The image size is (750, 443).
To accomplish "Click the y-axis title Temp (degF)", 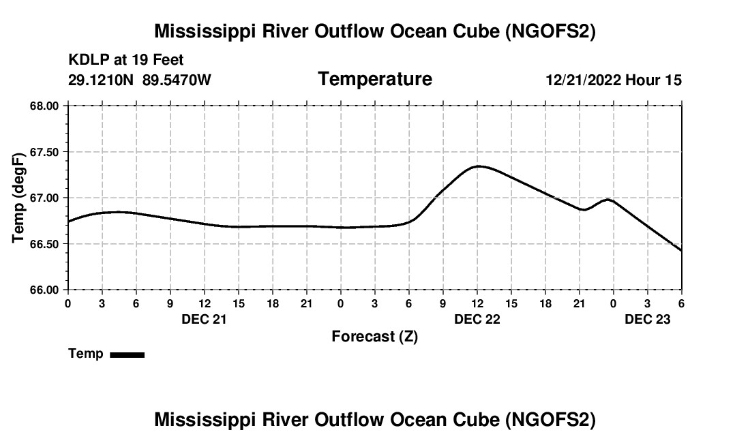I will coord(20,198).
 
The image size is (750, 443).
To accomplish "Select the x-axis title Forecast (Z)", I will coord(374,337).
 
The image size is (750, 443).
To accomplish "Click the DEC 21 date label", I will coord(204,319).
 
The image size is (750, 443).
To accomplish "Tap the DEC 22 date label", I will coord(477,319).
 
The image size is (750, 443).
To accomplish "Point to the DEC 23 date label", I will coord(648,319).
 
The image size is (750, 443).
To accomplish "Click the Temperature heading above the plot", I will coord(375,79).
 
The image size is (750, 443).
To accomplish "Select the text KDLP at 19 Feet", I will coord(125,61).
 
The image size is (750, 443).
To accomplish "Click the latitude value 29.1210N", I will coord(101,80).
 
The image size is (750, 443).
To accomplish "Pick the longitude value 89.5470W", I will coord(177,80).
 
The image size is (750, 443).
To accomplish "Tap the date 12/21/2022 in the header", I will coord(583,80).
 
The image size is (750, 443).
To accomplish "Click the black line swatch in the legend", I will coord(127,354).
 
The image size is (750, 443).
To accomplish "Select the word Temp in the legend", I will coord(86,354).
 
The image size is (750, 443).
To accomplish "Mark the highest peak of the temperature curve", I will coord(479,166).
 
